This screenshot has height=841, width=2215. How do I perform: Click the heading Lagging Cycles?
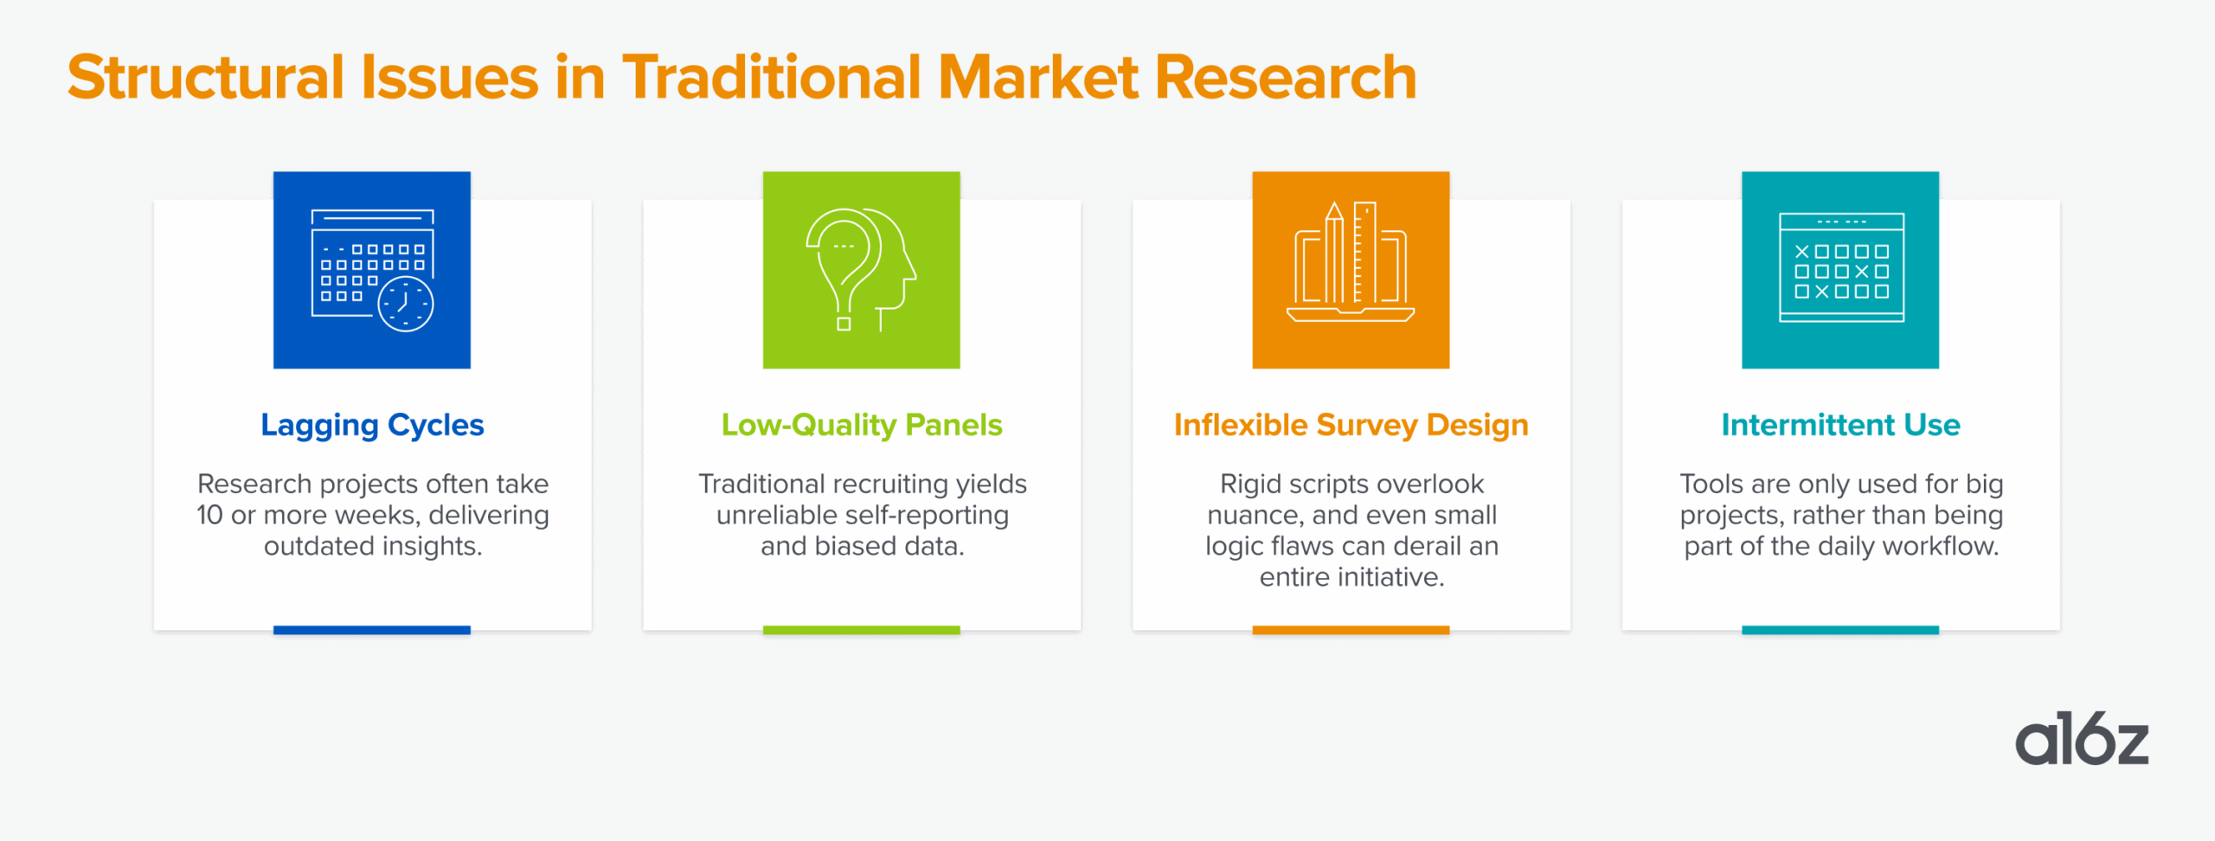(x=372, y=426)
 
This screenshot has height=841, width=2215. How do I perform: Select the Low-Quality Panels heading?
(x=862, y=425)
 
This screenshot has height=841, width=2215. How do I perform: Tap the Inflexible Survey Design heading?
(x=1351, y=426)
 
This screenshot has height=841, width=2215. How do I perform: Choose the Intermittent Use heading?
(x=1840, y=425)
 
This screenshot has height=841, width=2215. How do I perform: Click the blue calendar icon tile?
(x=372, y=270)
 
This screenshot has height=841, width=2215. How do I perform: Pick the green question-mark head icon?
(x=862, y=270)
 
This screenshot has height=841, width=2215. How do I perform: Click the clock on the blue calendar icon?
(x=406, y=304)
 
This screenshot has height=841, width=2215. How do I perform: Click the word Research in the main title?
(x=1286, y=78)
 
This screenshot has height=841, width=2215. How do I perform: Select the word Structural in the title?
(x=206, y=78)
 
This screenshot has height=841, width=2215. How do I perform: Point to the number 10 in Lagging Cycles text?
(x=209, y=515)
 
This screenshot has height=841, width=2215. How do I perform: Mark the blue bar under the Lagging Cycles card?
(x=372, y=630)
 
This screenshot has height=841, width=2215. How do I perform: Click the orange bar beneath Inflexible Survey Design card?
(x=1351, y=630)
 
